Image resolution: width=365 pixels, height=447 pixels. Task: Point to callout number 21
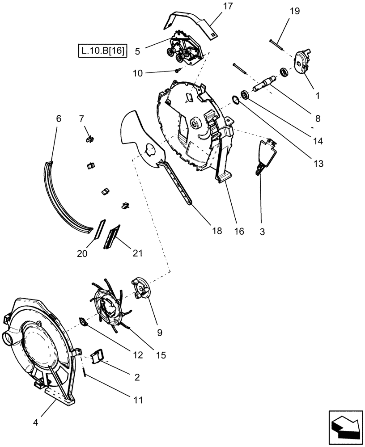137,253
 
